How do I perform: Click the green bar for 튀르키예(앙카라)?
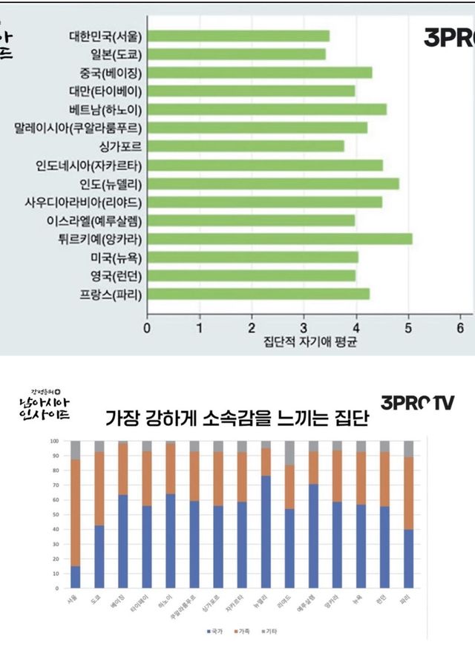(280, 239)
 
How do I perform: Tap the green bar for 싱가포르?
(246, 146)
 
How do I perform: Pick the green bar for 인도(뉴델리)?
(273, 183)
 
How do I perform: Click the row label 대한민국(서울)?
(105, 36)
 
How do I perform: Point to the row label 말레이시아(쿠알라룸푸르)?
(79, 128)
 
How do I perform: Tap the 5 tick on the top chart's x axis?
(408, 327)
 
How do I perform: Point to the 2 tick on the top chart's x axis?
(252, 327)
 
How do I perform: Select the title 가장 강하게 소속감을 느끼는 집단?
(238, 419)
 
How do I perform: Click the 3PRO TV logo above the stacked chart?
(418, 402)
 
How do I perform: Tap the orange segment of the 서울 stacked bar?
(75, 513)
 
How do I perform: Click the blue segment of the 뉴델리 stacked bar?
(266, 531)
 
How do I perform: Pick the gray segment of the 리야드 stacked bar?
(289, 453)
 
